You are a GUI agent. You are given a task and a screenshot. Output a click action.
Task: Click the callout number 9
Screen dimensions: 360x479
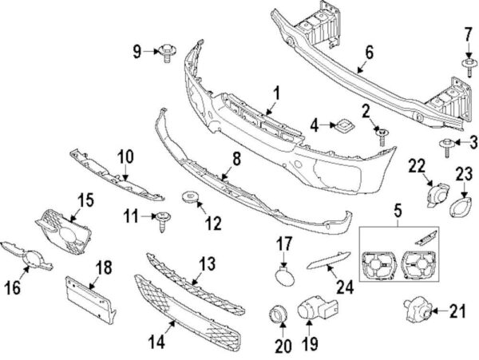click(137, 53)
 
